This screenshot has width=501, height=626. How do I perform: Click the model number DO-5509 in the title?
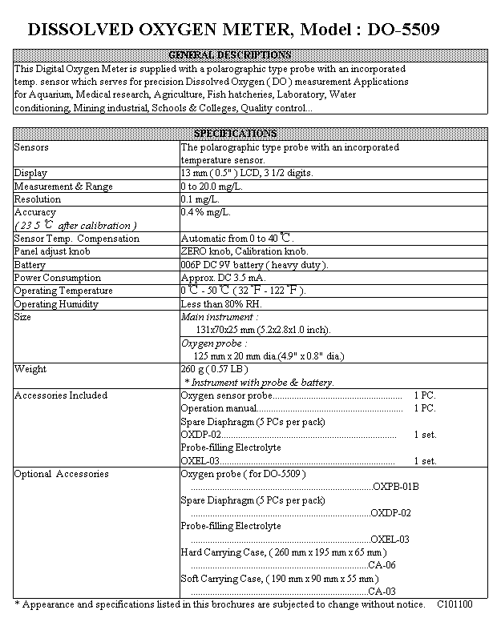click(x=396, y=30)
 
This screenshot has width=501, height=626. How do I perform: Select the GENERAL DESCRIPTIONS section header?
click(x=230, y=55)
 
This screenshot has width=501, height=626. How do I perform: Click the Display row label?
click(x=31, y=173)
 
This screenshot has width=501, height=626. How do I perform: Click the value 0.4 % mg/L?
click(x=206, y=212)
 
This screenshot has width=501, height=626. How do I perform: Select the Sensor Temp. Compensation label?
click(x=77, y=239)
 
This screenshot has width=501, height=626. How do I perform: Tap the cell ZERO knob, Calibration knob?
click(x=244, y=251)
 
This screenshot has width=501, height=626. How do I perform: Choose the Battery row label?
click(x=30, y=265)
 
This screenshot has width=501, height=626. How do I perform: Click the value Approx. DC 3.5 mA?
click(x=224, y=278)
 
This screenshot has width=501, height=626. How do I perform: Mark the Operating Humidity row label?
click(x=57, y=304)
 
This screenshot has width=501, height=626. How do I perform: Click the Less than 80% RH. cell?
click(x=220, y=304)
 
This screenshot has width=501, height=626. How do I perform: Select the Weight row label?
click(x=30, y=369)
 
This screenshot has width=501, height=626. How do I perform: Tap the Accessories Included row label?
click(x=61, y=395)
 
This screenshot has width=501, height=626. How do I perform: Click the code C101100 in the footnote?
click(x=455, y=604)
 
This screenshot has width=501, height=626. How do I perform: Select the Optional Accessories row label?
click(x=61, y=474)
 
